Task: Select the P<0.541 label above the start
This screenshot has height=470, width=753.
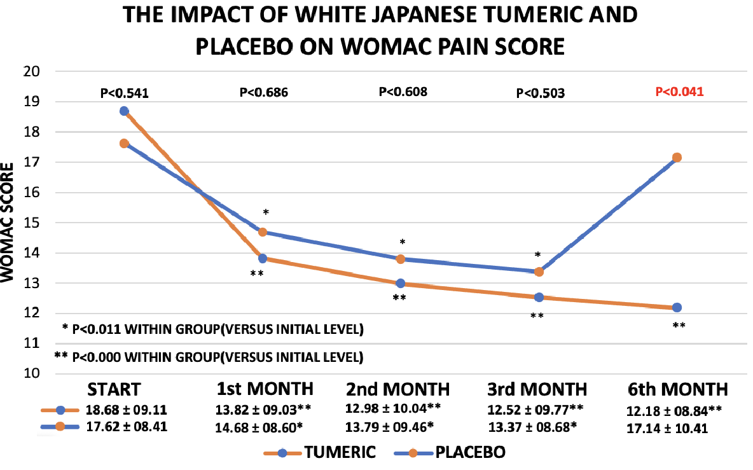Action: click(x=125, y=93)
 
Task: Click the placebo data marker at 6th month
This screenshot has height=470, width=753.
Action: click(x=677, y=157)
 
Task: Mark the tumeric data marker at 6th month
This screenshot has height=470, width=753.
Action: click(x=677, y=308)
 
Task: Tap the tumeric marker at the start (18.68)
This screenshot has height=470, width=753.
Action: click(x=124, y=111)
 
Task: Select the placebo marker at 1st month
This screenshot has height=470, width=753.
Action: click(x=262, y=233)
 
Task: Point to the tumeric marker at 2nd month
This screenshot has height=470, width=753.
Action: click(x=400, y=284)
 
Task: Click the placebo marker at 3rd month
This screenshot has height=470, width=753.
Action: click(x=539, y=272)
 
